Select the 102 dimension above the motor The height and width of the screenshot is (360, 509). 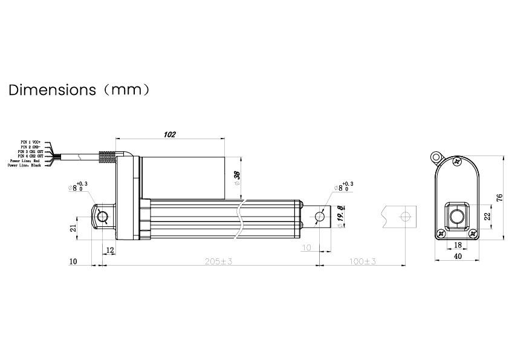(x=170, y=135)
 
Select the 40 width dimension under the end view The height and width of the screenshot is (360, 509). (x=458, y=257)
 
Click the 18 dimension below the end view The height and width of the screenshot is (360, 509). (x=457, y=244)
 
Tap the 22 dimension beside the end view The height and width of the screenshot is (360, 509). (x=487, y=216)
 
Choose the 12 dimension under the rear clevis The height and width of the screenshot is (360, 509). (x=109, y=249)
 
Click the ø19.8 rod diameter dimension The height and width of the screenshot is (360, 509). (x=340, y=216)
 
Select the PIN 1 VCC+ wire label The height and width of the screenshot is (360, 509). (x=30, y=142)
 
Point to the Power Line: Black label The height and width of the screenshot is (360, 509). (x=25, y=165)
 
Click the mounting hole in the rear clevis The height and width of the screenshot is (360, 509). (x=103, y=217)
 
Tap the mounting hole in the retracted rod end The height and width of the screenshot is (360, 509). (x=320, y=216)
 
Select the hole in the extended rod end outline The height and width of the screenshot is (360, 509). (x=406, y=216)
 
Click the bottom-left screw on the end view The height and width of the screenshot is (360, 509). (x=441, y=233)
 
